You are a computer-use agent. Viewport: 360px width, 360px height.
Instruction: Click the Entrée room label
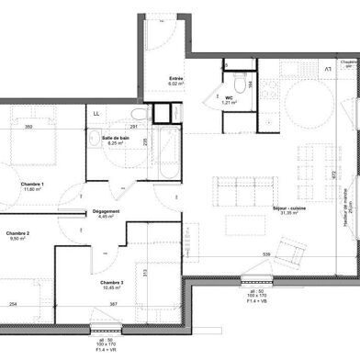pos(176,80)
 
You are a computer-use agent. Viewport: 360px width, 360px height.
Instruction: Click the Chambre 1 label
pos(34,184)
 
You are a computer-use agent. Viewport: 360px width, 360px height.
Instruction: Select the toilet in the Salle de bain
pos(141,157)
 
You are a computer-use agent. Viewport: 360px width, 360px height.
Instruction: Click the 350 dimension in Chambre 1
pos(28,126)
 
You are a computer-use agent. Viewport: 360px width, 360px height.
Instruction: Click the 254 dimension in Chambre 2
pos(13,304)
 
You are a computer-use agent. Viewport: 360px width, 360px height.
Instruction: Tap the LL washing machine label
pos(96,113)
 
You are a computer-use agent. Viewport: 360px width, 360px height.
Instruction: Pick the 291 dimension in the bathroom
pos(133,126)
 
